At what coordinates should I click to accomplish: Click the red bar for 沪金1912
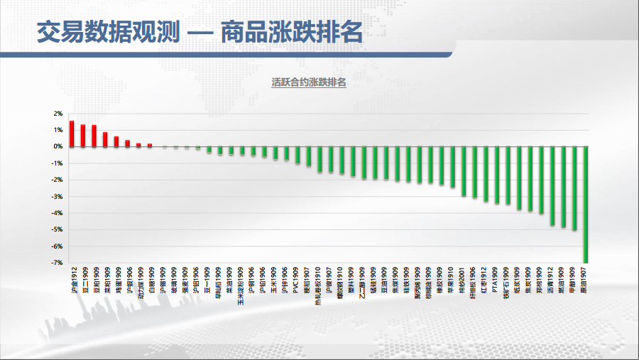[72, 133]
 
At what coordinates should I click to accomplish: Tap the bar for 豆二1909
[83, 136]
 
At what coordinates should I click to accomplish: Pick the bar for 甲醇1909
[574, 188]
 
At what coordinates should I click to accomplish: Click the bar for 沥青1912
[552, 186]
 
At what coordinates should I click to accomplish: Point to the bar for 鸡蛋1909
[116, 141]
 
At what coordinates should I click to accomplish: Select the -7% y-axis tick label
[57, 263]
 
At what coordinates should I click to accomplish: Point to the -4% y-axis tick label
[57, 213]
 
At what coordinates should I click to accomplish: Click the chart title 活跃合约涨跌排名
[308, 82]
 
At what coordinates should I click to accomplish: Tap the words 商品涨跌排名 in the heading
[292, 32]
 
